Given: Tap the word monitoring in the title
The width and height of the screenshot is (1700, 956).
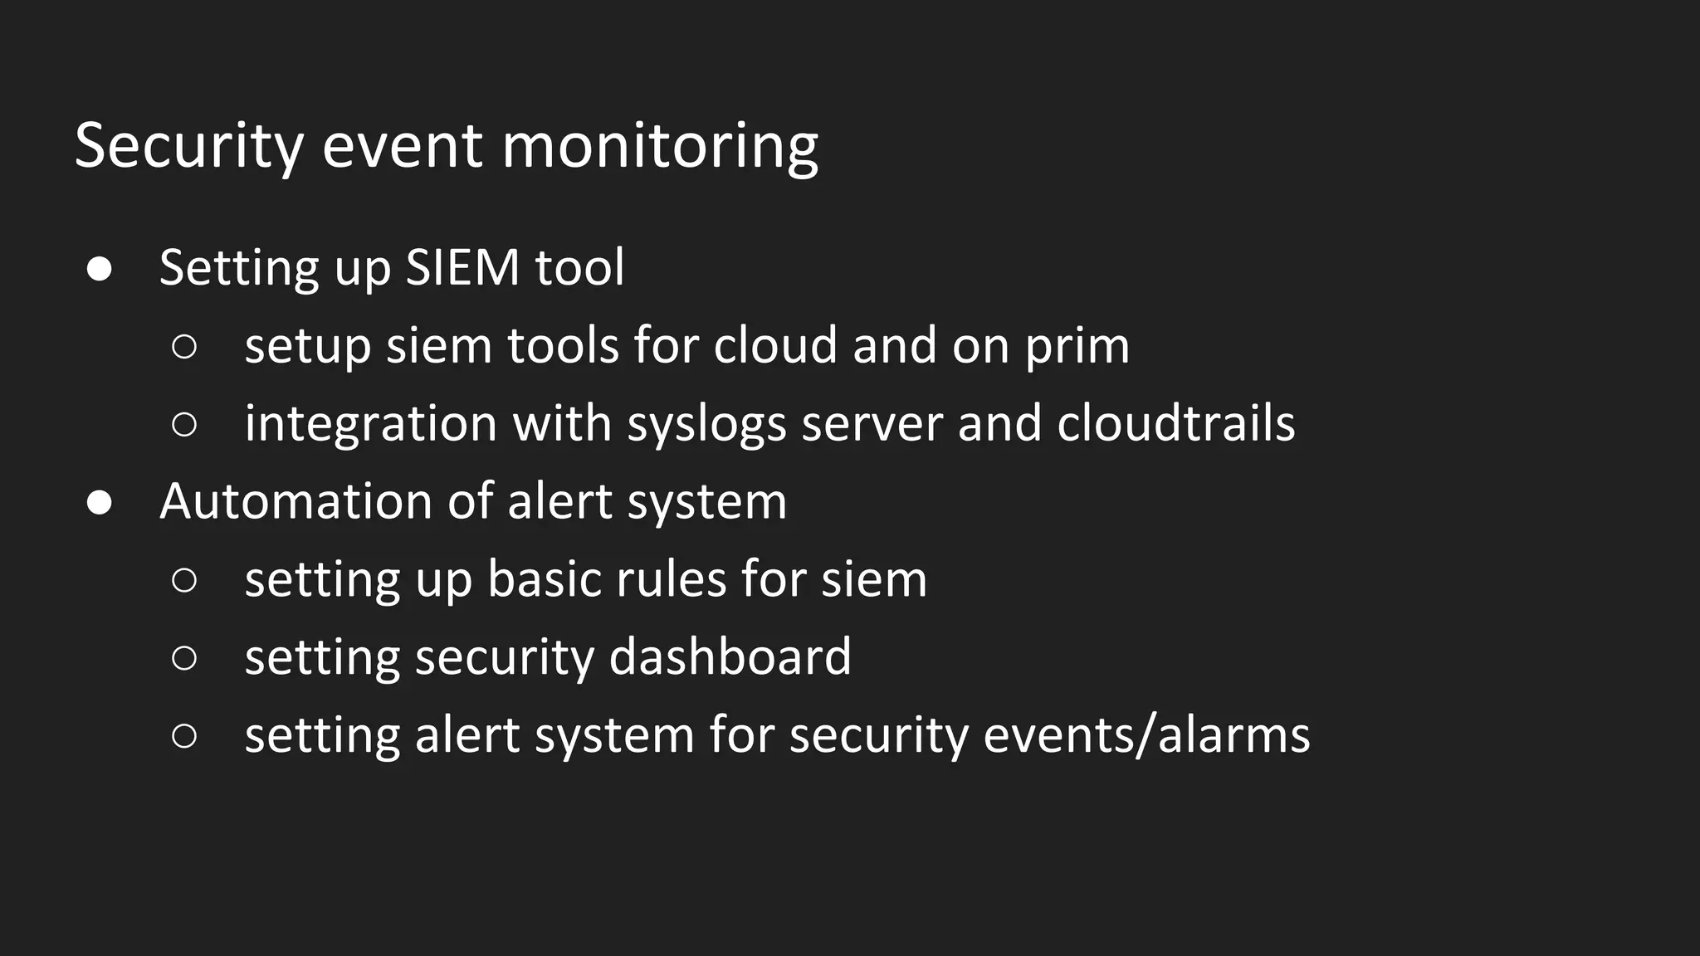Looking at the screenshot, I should coord(660,146).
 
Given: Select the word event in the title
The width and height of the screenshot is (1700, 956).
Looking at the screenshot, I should coord(402,146).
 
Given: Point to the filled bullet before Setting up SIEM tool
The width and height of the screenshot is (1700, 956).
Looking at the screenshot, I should coord(100,269).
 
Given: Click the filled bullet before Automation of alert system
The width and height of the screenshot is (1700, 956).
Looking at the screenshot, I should coord(100,503).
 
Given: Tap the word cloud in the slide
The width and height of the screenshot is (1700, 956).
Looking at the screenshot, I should coord(775,344).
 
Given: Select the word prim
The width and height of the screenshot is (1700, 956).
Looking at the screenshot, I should coord(1077,346).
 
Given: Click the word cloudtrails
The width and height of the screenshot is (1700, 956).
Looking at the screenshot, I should coord(1175,422).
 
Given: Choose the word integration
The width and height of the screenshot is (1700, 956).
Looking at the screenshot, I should coord(370,424).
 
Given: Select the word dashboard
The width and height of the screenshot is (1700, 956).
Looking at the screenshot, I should coord(730,656).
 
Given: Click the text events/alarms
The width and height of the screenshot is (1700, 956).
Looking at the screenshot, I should coord(1146,734).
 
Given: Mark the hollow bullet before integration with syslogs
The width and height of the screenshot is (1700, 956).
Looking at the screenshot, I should coord(184,424).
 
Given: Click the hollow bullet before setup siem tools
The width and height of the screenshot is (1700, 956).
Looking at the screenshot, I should coord(184,346).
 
